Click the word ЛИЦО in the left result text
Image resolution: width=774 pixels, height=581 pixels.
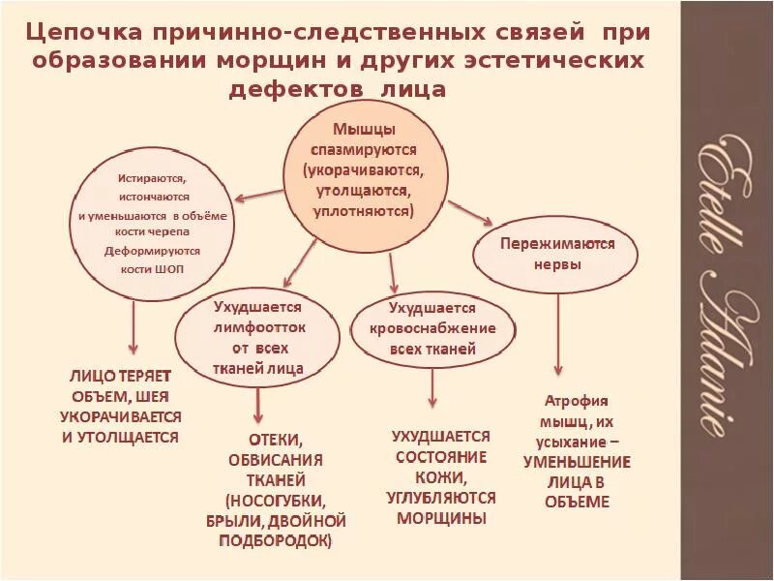(91, 375)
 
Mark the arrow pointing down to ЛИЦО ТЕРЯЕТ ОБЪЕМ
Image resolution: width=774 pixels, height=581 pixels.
(134, 329)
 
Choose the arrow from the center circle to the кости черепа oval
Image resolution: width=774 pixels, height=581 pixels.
(259, 194)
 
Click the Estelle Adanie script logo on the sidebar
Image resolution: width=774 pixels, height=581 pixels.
(725, 290)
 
